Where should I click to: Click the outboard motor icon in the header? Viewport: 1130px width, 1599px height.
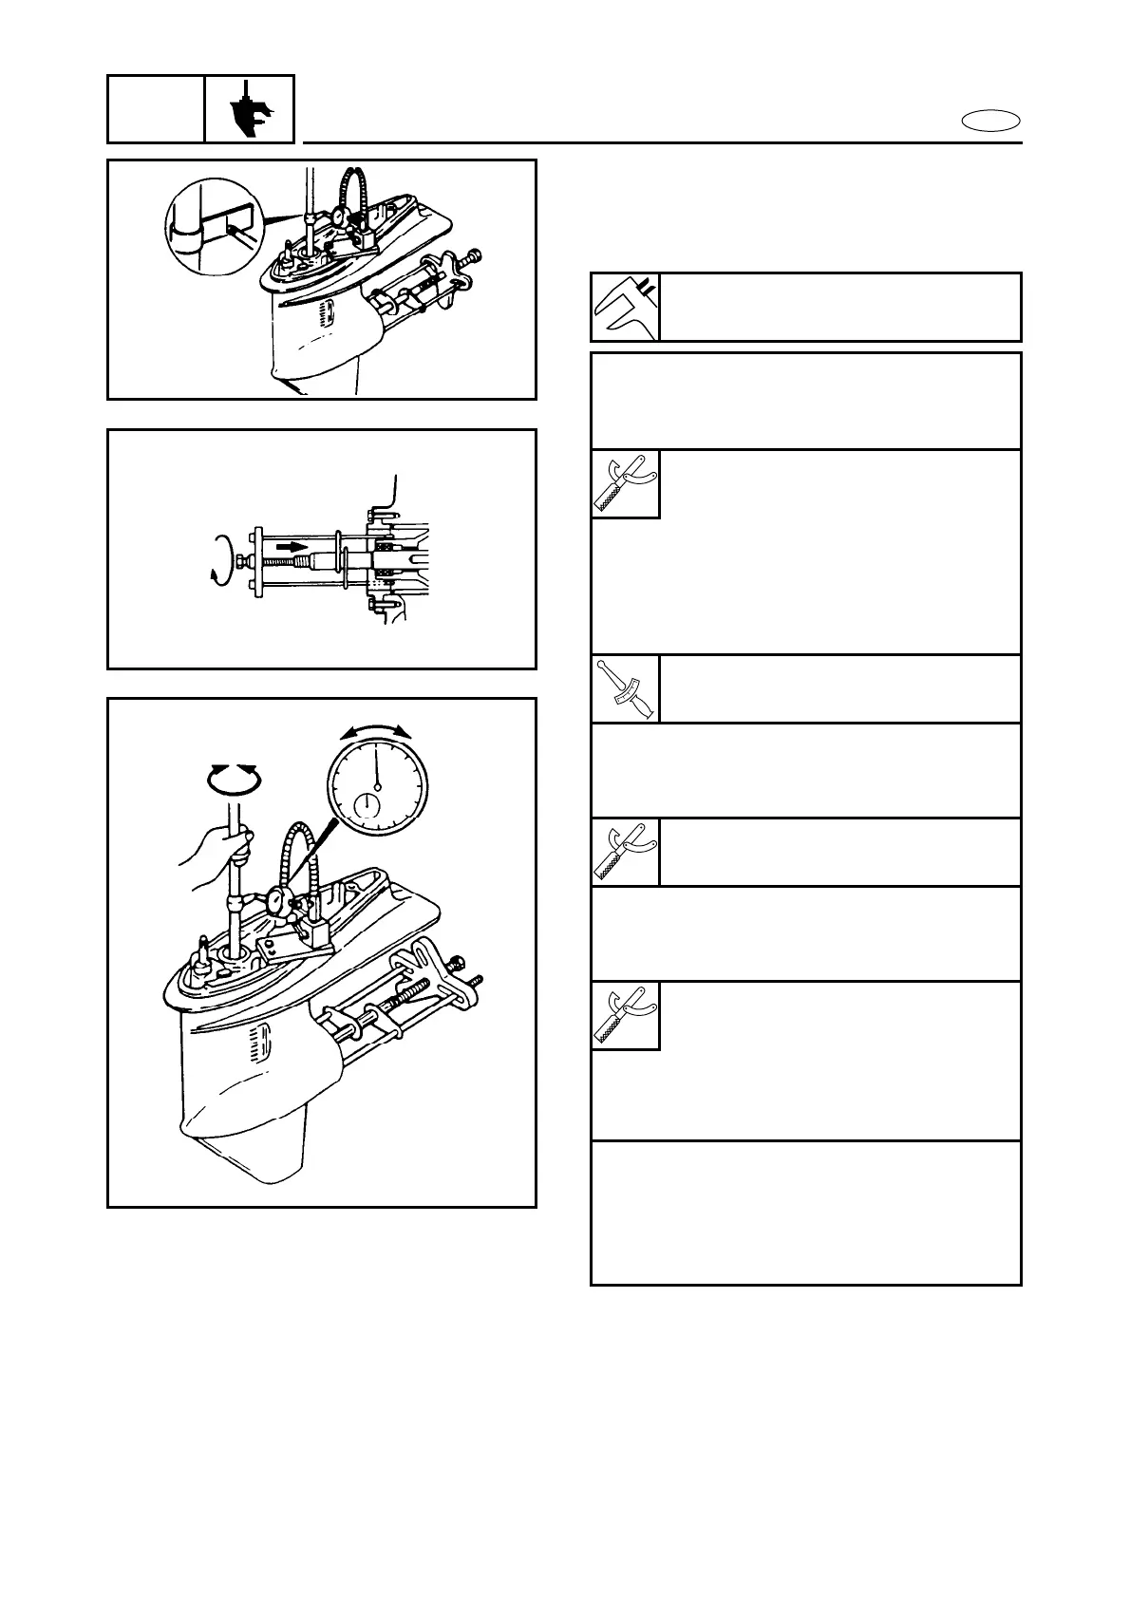251,109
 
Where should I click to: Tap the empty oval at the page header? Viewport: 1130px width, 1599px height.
990,121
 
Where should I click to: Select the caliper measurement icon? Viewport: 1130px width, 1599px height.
625,307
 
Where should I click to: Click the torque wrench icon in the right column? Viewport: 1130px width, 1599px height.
625,689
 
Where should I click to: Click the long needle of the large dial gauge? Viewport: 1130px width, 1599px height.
376,765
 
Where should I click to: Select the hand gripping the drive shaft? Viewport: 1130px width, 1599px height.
217,850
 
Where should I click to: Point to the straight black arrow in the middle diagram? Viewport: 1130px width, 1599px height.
295,546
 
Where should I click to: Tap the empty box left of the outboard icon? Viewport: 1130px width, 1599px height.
156,109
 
